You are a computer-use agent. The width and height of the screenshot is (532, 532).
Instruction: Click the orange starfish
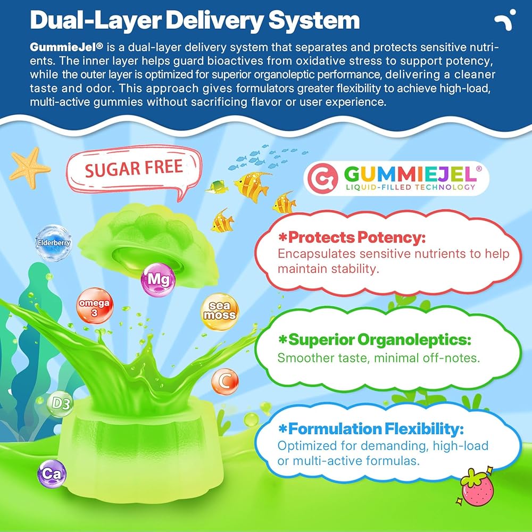(29, 168)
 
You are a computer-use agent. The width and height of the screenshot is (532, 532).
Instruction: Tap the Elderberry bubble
(54, 243)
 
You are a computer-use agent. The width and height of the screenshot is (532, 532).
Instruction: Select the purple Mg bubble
(158, 280)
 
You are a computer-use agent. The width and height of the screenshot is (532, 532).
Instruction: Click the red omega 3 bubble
(95, 306)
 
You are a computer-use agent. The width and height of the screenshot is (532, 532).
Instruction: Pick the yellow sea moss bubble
(220, 311)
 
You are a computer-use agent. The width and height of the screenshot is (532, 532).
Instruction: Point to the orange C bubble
(225, 381)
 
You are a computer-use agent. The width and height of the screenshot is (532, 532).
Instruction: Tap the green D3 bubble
(61, 404)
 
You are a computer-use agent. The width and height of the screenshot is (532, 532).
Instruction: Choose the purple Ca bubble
(52, 473)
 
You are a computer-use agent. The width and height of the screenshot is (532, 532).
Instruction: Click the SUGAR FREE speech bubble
(134, 171)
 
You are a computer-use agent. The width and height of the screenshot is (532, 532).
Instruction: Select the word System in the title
(314, 21)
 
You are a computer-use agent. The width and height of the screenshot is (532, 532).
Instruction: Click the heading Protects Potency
(352, 237)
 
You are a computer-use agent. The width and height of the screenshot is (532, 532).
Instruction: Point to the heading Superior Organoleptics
(375, 339)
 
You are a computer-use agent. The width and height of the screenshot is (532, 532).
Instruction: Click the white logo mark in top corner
(505, 20)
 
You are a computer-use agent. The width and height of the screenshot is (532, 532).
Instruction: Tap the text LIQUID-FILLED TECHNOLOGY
(411, 187)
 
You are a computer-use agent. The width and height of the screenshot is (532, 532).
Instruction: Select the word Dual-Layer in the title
(95, 21)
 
